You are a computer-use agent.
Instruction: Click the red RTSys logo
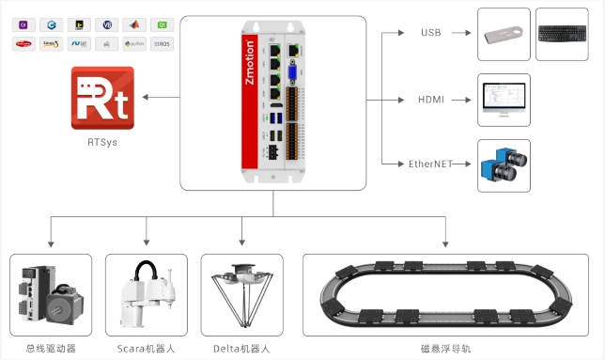[x=102, y=97]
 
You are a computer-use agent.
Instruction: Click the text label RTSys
[x=102, y=144]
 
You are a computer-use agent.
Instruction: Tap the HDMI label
[x=430, y=99]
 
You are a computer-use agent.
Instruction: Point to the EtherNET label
[x=431, y=164]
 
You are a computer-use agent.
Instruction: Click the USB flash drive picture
[x=504, y=34]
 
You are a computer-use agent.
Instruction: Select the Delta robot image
[x=241, y=295]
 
